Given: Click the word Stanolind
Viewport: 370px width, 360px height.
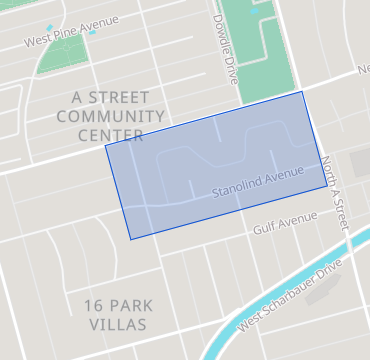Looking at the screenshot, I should (x=237, y=185).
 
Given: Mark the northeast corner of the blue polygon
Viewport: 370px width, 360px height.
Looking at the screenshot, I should (x=302, y=91).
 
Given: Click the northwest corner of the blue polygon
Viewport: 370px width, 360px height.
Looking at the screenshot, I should (x=105, y=146).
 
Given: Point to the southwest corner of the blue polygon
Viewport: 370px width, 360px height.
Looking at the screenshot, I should (x=130, y=239).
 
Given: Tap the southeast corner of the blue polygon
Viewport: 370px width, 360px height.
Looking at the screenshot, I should (x=327, y=186).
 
